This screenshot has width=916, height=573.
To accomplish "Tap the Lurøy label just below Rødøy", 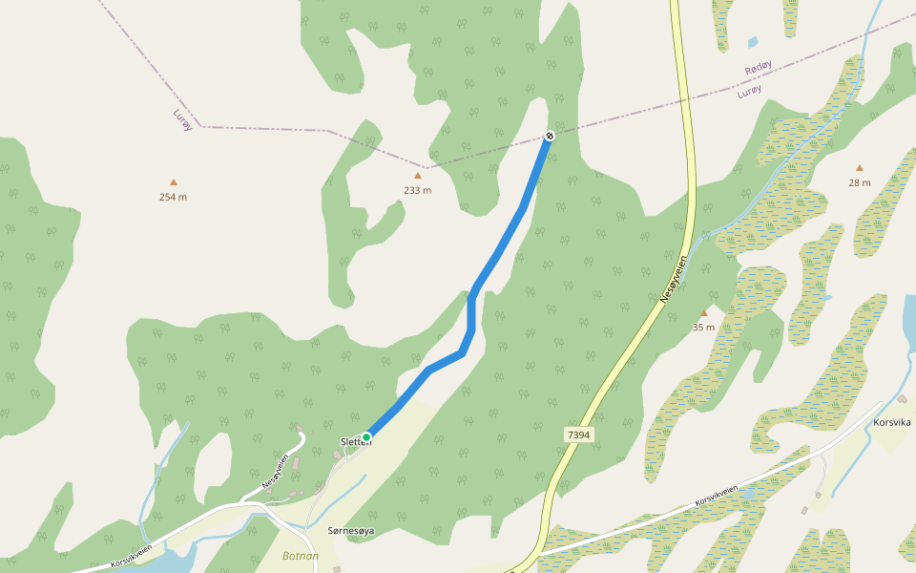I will tap(750, 91).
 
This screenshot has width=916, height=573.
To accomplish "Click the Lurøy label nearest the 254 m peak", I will tap(182, 119).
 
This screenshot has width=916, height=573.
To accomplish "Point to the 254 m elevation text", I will tap(173, 197).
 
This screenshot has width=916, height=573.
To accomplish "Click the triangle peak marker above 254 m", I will tap(174, 181).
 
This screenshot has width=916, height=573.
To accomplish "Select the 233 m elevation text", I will tap(417, 190).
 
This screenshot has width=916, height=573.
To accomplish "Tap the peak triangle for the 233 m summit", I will tap(417, 176).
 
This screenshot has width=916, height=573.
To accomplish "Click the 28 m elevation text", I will tap(859, 182).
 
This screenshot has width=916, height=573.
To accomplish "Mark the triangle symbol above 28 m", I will tap(859, 168).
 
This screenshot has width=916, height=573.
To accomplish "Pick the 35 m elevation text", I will tap(704, 328).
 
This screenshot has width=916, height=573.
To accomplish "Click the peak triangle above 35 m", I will tap(704, 313).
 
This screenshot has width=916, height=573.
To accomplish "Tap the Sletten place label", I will tap(355, 442).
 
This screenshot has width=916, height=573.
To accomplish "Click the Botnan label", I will tap(300, 555).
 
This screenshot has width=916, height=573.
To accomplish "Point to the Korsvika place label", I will tap(893, 421).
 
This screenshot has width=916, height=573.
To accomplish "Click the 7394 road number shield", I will tap(578, 435).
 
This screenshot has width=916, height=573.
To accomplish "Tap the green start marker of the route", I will tap(365, 437).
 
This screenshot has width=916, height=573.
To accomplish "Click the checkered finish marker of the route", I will tap(550, 136).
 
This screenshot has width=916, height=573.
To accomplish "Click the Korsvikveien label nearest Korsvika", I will tap(718, 495).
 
